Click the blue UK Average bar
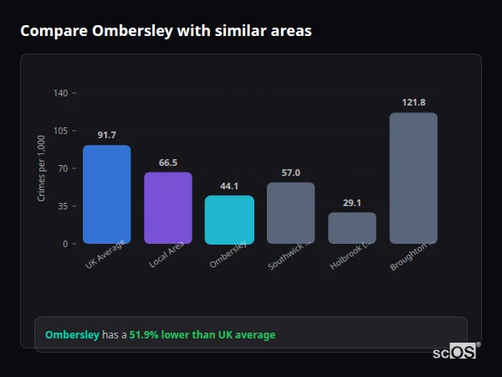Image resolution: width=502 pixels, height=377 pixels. click(106, 194)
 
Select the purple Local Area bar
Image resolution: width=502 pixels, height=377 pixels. click(167, 208)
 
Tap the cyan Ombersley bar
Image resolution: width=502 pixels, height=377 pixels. click(229, 219)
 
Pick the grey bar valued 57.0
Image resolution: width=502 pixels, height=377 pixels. click(290, 213)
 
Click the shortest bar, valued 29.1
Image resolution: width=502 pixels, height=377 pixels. click(351, 228)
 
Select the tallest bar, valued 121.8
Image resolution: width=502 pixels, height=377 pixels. click(413, 178)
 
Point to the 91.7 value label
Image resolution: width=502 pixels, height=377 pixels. click(106, 135)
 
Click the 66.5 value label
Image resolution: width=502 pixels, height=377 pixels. click(167, 163)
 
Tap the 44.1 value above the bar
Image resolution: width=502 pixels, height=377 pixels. click(229, 186)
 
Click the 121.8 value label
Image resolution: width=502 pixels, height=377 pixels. click(413, 102)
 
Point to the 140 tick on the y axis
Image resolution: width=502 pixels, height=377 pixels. click(60, 93)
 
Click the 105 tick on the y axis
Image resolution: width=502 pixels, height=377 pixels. click(60, 131)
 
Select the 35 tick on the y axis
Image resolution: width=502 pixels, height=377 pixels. click(63, 206)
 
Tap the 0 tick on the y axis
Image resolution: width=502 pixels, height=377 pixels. click(65, 244)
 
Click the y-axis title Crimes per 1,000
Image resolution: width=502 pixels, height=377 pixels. click(41, 168)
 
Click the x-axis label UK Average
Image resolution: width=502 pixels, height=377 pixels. click(105, 255)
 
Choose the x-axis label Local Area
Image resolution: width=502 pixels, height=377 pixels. click(167, 255)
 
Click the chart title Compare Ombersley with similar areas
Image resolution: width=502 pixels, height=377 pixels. click(166, 31)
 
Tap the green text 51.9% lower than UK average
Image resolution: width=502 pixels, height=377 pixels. click(202, 335)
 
